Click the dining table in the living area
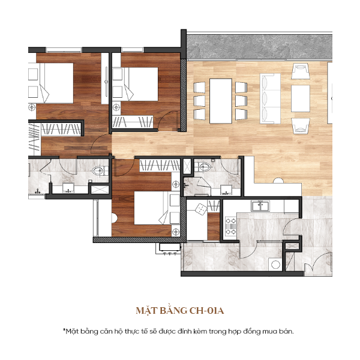click(x=220, y=100)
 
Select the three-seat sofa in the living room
click(x=269, y=98)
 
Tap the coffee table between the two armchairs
click(x=301, y=99)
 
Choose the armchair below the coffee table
click(x=301, y=126)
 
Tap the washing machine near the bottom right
click(x=275, y=264)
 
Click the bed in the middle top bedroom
click(x=142, y=83)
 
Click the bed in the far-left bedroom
click(x=49, y=84)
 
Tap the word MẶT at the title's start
click(x=146, y=311)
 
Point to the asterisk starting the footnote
click(x=64, y=329)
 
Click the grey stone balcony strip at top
click(x=258, y=45)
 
